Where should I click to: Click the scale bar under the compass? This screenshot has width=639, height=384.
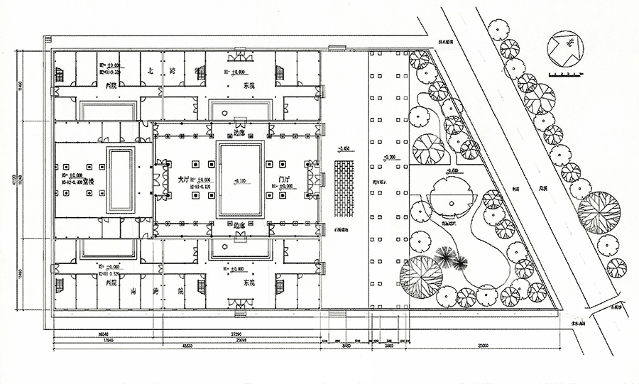[565, 74]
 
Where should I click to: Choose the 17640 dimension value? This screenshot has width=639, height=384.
[109, 339]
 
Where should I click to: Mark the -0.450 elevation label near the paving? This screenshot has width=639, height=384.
[344, 150]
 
